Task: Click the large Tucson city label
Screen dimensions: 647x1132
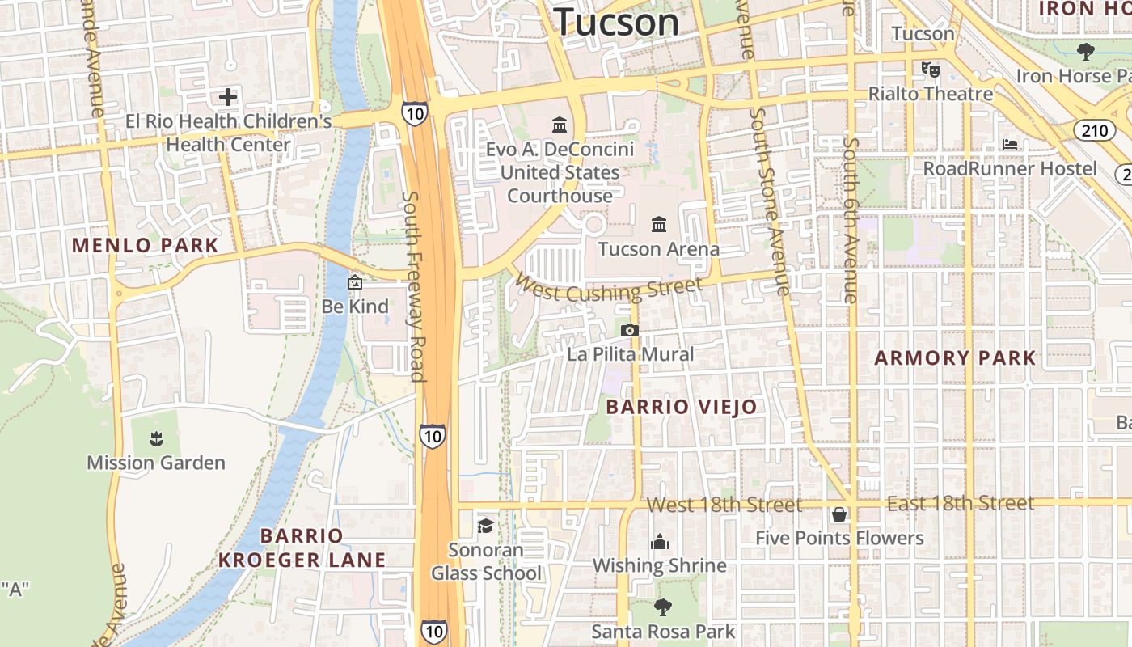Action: [617, 22]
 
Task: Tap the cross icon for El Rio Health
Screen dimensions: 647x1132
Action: [228, 98]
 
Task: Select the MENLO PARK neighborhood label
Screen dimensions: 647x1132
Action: [146, 246]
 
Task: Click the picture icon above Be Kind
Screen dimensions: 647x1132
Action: [354, 282]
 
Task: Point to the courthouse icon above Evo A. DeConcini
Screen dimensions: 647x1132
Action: [560, 125]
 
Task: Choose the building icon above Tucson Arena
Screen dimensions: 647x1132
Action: [659, 224]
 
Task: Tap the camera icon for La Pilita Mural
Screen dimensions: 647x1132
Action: [629, 330]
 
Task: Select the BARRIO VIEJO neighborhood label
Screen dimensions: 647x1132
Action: [682, 407]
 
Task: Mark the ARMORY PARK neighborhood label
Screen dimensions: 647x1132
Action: [955, 357]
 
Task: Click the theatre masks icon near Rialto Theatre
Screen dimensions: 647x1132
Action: [930, 69]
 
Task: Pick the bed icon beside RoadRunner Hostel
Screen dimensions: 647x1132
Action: [1010, 144]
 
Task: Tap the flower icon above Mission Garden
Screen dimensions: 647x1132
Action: [155, 439]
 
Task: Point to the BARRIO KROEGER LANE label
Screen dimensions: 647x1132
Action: [302, 548]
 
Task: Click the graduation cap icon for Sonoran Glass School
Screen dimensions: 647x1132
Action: [485, 526]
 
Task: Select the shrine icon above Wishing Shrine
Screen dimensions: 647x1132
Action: [660, 541]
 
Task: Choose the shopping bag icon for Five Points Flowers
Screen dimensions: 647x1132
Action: [839, 514]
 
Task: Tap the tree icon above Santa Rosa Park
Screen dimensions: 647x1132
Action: [663, 607]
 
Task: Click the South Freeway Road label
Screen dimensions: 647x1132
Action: [413, 286]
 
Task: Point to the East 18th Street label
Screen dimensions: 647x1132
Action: [961, 503]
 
